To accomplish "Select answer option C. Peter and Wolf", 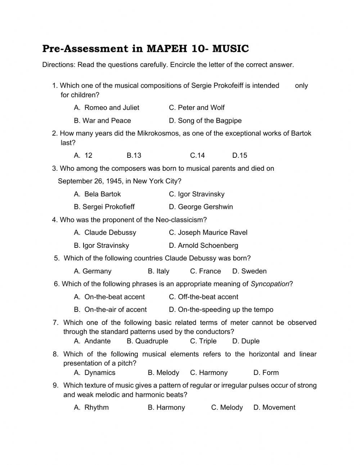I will (197, 108).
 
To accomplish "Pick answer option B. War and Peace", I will (102, 121).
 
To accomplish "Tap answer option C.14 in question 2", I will (197, 156).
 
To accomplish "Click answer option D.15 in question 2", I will (240, 156).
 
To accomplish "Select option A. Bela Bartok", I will (97, 194).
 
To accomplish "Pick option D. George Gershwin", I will (201, 207).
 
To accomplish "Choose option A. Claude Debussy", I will (105, 233).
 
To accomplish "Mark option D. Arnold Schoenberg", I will (203, 246).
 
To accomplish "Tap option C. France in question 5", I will (205, 271).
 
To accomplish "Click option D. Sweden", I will (249, 271).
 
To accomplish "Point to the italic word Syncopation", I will (270, 284).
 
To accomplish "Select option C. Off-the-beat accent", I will (203, 297).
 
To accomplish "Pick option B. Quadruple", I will (147, 341).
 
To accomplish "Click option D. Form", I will (266, 373).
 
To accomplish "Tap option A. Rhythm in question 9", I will (91, 408).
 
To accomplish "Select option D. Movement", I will (274, 408).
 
